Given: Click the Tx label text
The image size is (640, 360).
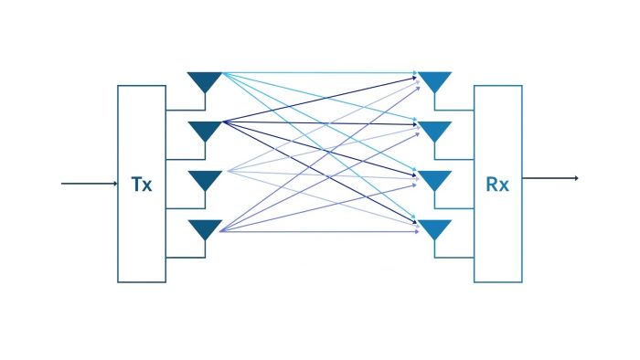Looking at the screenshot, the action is (x=142, y=185).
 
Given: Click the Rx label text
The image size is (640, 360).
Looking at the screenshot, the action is (x=497, y=185).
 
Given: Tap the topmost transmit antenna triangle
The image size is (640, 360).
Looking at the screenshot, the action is (x=205, y=81).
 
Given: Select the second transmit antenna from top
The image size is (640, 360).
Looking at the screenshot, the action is (x=205, y=131).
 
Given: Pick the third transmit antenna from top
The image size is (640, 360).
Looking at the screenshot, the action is (x=205, y=180).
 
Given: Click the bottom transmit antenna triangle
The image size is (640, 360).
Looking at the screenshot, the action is (x=205, y=229).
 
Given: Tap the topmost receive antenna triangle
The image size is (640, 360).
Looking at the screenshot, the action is (x=434, y=81).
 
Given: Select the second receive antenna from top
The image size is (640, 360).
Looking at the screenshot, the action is (x=434, y=131).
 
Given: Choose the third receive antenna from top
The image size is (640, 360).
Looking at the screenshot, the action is (x=434, y=180).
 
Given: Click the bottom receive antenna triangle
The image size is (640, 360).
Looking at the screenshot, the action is (x=434, y=229).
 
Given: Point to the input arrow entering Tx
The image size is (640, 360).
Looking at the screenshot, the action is (x=90, y=184).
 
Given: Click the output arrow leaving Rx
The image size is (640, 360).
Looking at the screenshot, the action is (x=550, y=178).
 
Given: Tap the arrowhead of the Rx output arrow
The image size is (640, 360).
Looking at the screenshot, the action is (x=577, y=178).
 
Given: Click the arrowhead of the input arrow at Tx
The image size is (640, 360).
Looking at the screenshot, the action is (x=115, y=184).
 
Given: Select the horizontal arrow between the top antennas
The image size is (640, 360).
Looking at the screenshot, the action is (x=320, y=73).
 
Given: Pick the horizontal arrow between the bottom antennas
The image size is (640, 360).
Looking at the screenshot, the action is (x=320, y=231).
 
